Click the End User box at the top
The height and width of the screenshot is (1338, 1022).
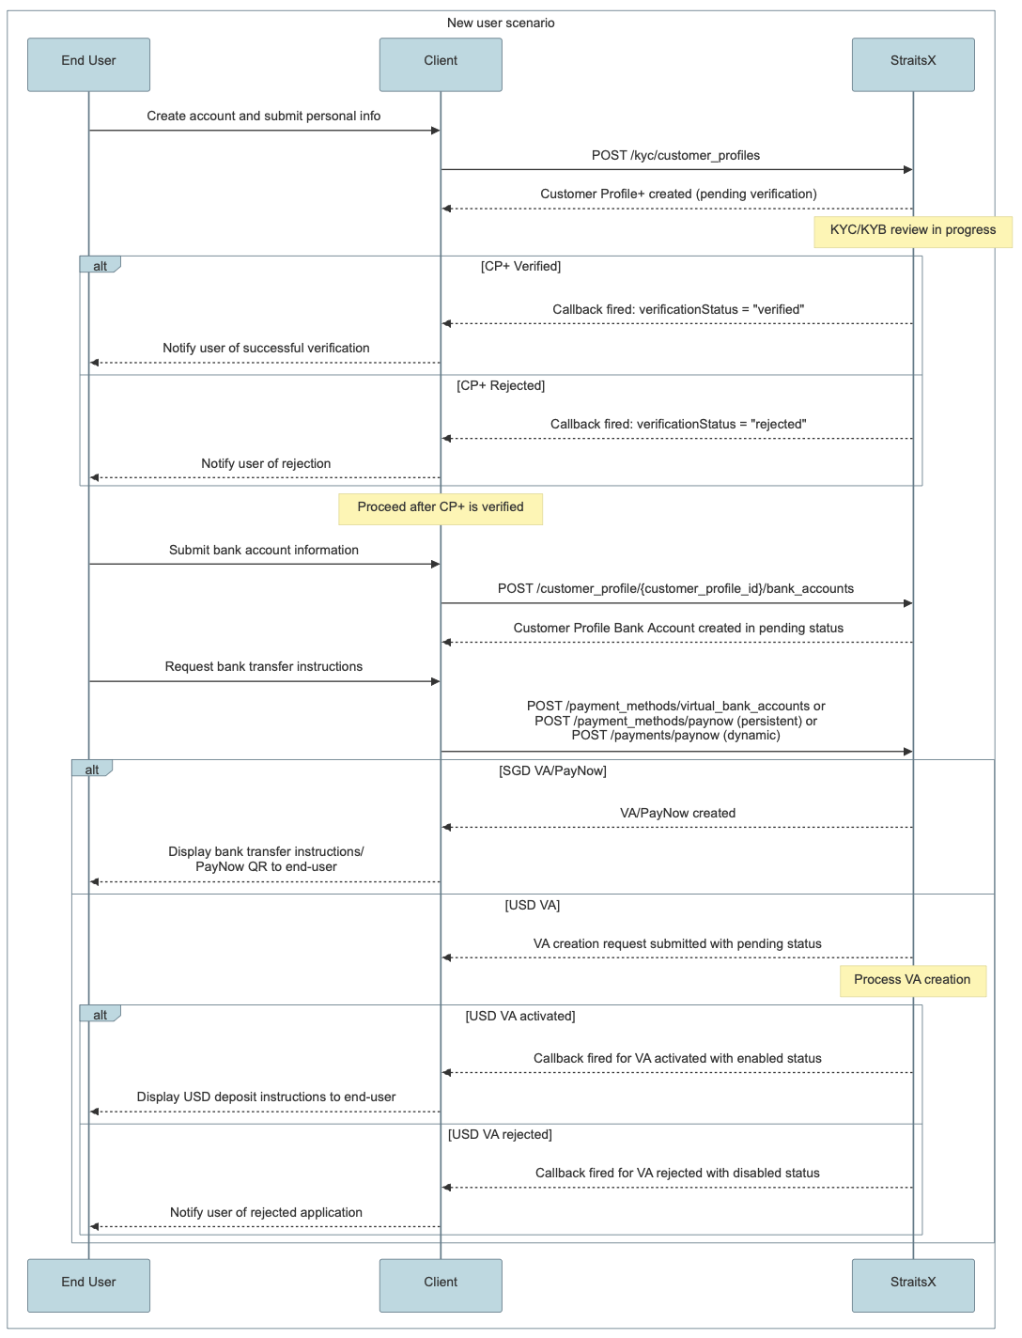pos(88,65)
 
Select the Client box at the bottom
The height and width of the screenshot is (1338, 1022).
pos(441,1285)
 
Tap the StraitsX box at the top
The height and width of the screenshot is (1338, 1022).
pos(913,65)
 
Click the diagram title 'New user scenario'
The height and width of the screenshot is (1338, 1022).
pos(501,23)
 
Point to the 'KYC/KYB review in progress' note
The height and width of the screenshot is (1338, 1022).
pos(913,232)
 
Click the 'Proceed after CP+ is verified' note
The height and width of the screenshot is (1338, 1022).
pos(441,509)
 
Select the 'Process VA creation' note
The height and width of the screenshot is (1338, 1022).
pos(913,981)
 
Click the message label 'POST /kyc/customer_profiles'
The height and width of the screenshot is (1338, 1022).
pos(675,155)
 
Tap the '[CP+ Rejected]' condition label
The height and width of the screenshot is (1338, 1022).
pos(501,385)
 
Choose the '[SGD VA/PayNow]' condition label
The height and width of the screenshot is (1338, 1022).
pos(552,770)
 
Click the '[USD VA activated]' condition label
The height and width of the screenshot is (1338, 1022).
pos(520,1016)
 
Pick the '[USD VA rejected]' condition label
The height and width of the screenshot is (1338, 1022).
pos(501,1134)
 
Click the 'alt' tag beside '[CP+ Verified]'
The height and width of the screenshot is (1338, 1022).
pos(100,265)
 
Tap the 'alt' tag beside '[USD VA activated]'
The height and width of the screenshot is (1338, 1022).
pos(100,1014)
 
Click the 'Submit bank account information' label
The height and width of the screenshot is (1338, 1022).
pos(264,550)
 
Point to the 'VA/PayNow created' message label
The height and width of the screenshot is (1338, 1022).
pos(677,813)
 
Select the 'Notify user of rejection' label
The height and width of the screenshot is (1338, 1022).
pos(266,463)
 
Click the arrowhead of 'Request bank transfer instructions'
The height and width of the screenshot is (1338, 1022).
pos(436,681)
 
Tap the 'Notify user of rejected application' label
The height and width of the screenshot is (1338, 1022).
pos(266,1212)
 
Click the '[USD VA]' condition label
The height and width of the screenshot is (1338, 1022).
pos(532,905)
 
